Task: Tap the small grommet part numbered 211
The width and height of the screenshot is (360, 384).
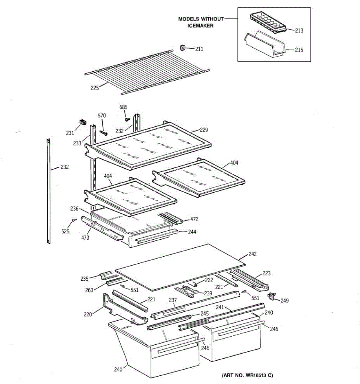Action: (x=183, y=48)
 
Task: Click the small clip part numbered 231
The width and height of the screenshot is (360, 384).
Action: (x=83, y=122)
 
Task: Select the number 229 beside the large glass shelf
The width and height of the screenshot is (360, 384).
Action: (x=204, y=130)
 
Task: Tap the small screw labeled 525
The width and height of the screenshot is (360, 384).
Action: (x=75, y=220)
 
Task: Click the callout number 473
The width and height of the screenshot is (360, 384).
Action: (x=85, y=237)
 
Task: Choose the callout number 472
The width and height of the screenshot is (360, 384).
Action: (x=194, y=219)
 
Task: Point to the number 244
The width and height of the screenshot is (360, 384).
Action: (x=192, y=232)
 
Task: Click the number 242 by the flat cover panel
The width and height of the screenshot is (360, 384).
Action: (x=252, y=254)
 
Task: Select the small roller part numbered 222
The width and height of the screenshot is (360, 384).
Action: (x=196, y=283)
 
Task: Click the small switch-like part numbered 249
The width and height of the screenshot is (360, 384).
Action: (x=272, y=296)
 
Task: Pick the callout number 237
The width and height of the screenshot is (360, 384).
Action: (x=173, y=300)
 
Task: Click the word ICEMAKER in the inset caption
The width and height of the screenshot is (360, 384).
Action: (x=200, y=26)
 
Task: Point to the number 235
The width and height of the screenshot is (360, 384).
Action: (x=84, y=279)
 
